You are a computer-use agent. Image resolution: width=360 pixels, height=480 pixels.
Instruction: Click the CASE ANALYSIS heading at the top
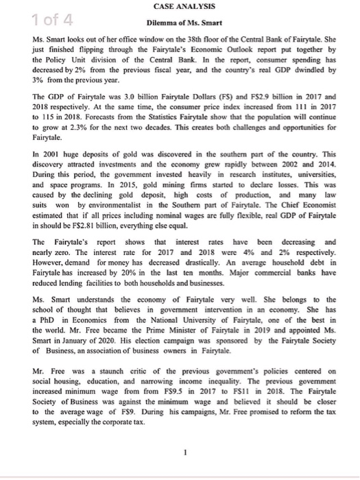pyautogui.click(x=181, y=5)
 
